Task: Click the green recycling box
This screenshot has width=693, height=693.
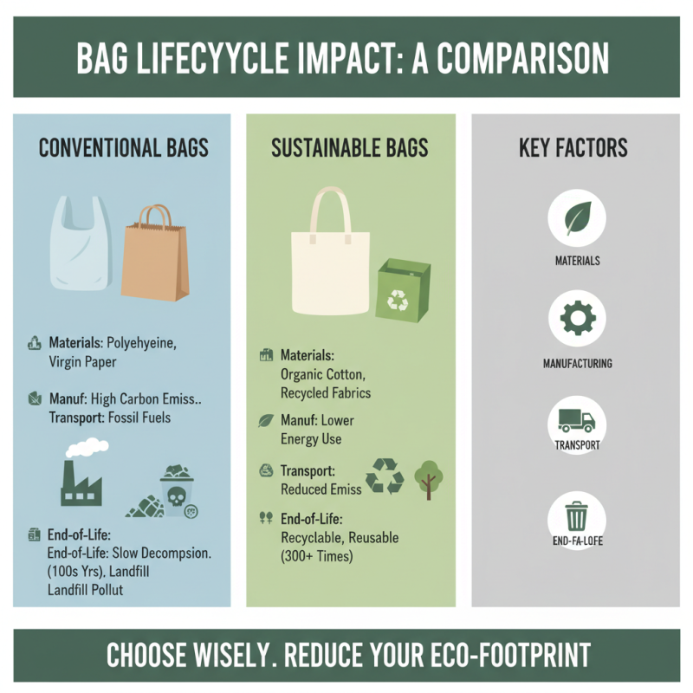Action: point(402,291)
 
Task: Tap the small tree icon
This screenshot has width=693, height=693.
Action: point(427,478)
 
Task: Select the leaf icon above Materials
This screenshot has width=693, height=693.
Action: point(578,218)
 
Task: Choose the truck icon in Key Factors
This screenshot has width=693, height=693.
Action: point(578,421)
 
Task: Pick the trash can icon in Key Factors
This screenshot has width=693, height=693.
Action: point(578,517)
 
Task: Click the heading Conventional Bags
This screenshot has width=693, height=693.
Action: point(123,148)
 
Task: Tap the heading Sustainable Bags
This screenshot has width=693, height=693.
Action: point(349,148)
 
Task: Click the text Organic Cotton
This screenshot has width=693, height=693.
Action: point(323,375)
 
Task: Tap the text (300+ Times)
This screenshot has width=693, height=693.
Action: point(317,556)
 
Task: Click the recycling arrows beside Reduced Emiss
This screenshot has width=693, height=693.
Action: point(385,476)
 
